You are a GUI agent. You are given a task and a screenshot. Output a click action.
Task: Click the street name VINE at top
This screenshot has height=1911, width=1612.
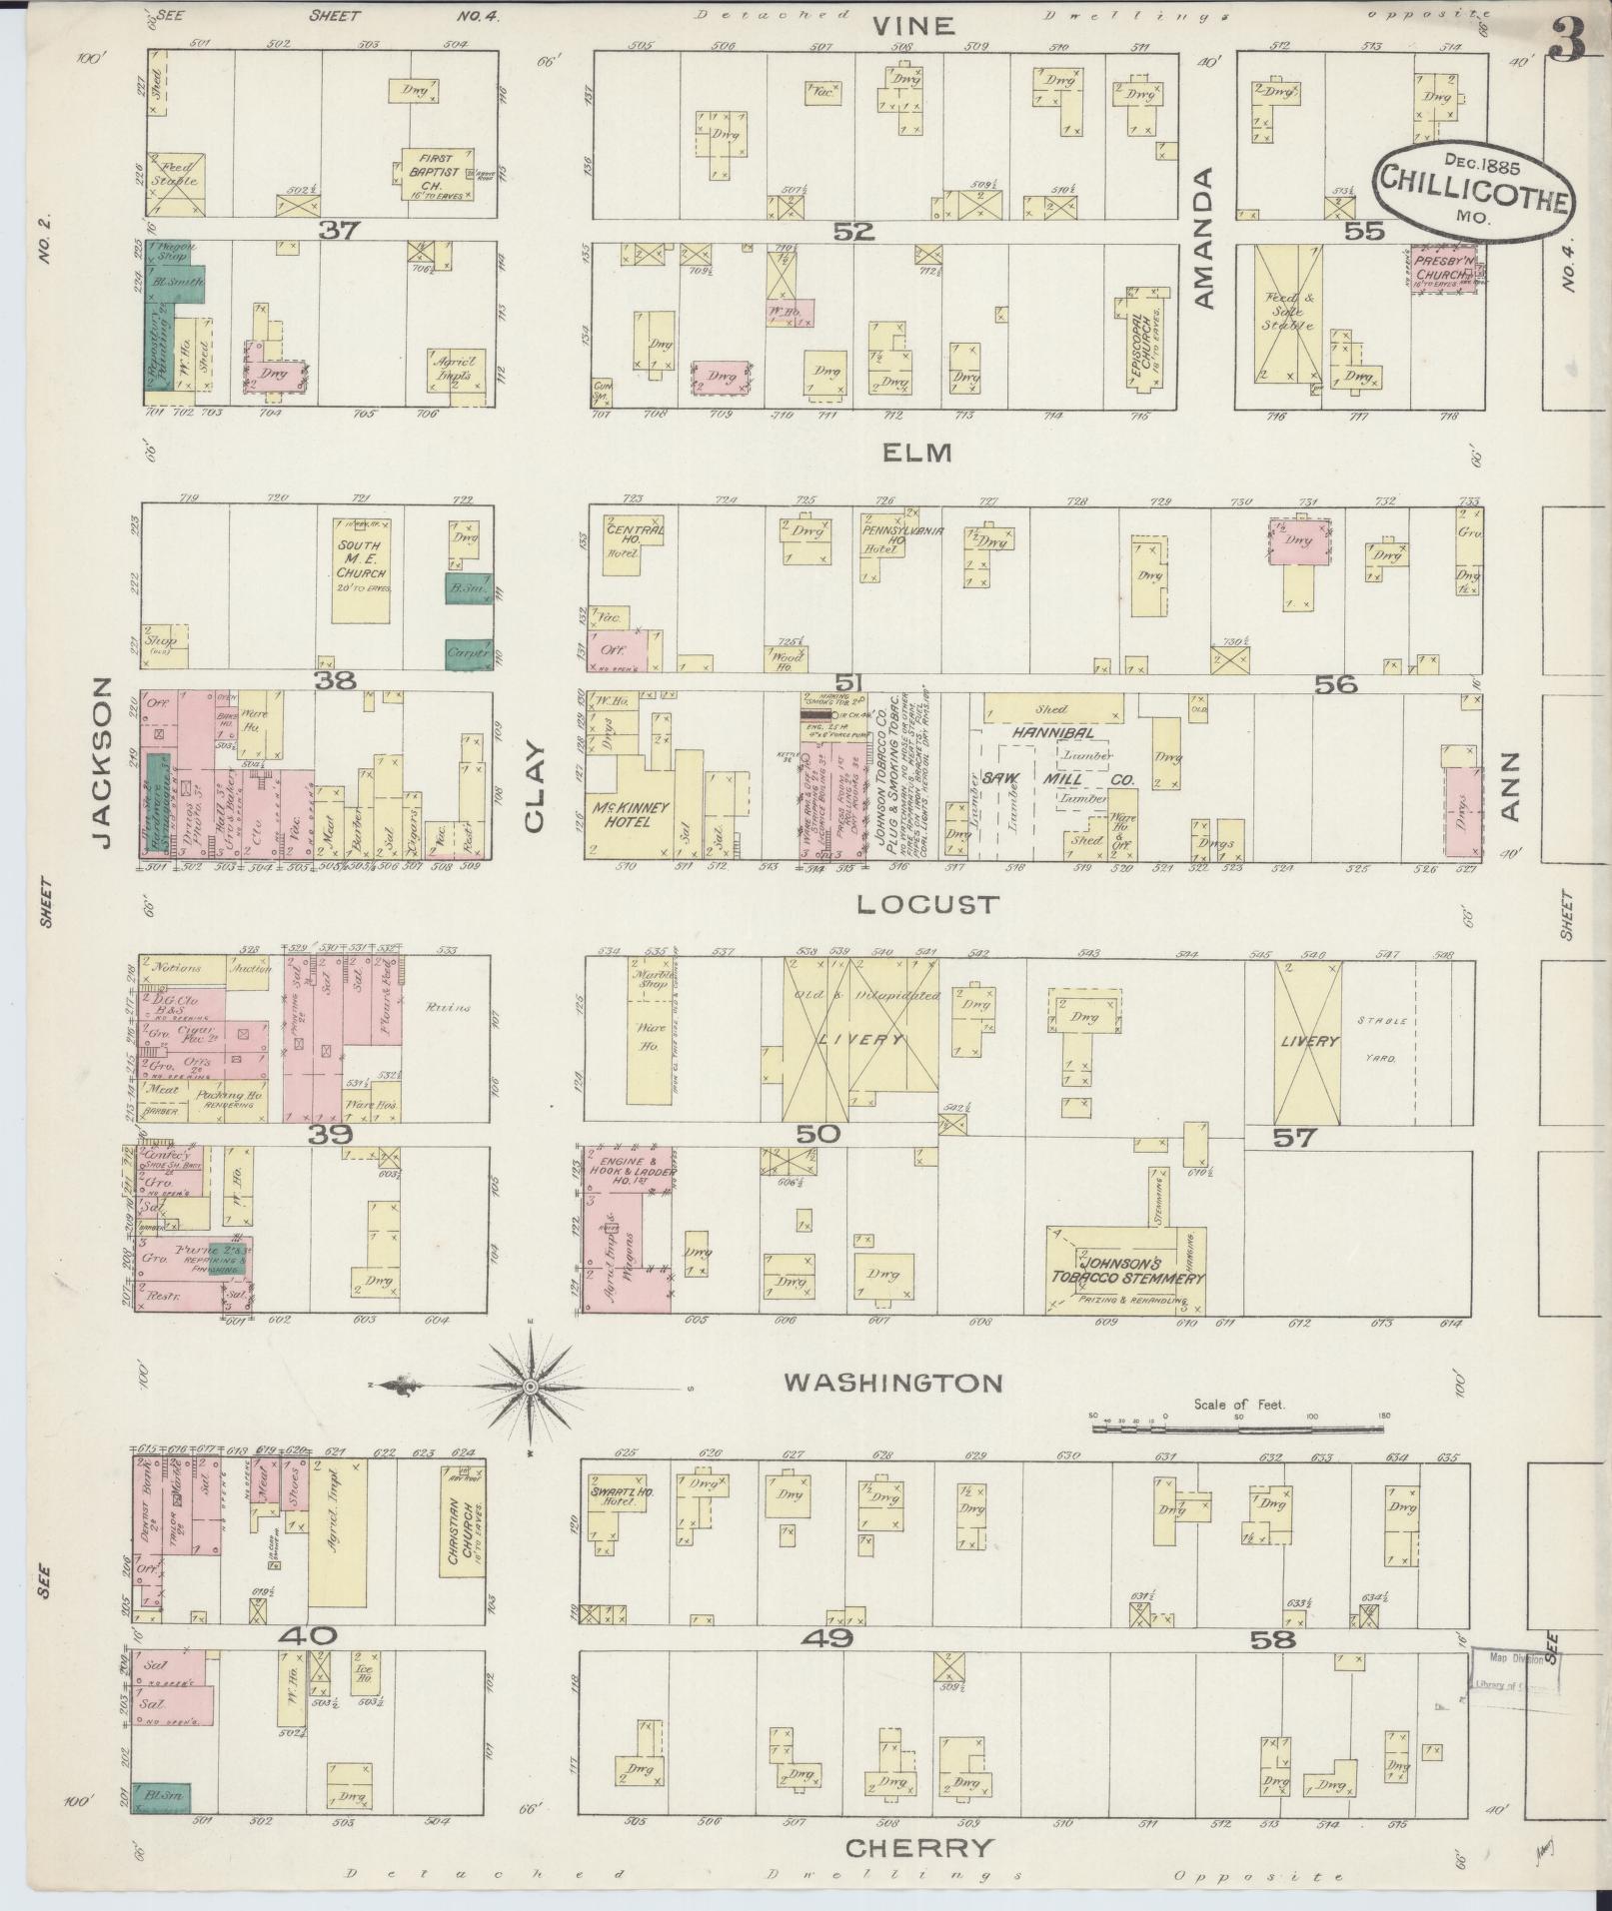[x=914, y=25]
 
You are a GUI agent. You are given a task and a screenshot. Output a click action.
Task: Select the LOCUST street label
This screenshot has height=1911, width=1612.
[x=926, y=905]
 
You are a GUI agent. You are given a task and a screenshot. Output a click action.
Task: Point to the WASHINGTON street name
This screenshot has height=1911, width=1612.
[x=892, y=1383]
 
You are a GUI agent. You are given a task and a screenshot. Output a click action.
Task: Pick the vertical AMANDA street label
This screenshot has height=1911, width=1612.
[x=1203, y=238]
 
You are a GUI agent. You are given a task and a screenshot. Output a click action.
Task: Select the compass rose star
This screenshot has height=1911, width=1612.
[x=531, y=1387]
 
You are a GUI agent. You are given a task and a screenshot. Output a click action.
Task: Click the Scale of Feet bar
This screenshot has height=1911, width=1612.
[x=1239, y=1430]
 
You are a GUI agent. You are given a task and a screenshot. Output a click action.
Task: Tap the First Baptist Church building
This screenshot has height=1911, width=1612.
[x=437, y=178]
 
